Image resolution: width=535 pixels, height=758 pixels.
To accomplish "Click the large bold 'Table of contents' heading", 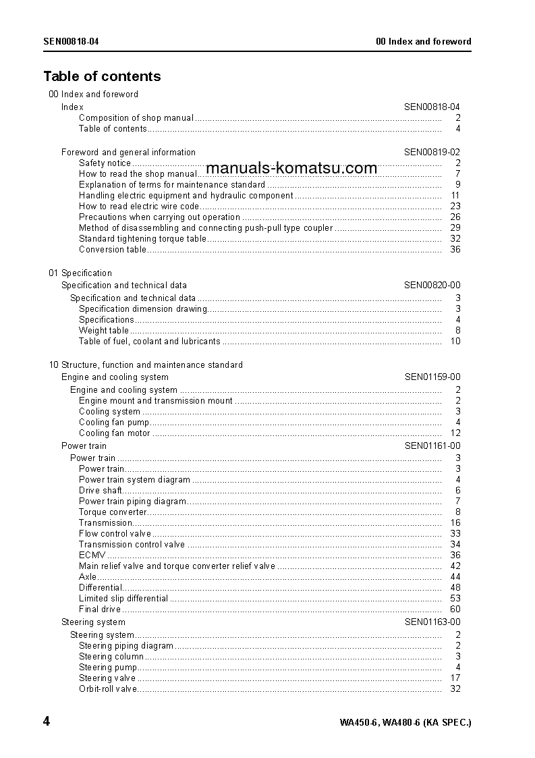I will point(102,76).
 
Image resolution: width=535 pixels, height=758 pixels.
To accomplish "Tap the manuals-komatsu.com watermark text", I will point(291,168).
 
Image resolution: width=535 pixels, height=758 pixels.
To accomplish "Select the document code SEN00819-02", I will point(432,153).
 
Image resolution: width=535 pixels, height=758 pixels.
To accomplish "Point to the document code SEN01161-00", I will point(432,446).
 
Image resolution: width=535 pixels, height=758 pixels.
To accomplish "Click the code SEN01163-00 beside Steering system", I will point(432,622).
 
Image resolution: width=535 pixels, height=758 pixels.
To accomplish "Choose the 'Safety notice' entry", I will point(105,163).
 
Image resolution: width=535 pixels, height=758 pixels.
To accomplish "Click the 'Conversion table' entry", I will point(112,250).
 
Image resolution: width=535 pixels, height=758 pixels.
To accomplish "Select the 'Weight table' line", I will point(103,331).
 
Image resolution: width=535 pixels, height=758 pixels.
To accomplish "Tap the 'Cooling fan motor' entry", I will point(114,433).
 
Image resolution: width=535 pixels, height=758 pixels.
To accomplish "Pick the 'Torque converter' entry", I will point(112,512).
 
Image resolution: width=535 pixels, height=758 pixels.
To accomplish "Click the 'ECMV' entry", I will point(92,556).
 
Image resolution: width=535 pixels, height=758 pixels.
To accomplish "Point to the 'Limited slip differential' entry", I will point(123,599).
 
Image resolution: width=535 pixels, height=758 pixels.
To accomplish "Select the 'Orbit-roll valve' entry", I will point(107,689).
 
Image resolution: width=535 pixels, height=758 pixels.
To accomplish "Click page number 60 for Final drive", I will point(455,610).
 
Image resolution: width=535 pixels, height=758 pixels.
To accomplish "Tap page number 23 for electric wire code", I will point(455,207).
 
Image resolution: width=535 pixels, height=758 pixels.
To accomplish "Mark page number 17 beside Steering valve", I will point(455,678).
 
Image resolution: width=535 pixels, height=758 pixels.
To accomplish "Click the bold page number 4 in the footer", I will point(47,722).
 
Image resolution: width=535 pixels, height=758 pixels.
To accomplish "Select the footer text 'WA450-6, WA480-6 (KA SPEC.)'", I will point(405,723).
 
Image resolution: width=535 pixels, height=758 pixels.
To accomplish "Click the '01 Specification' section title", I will point(80,273).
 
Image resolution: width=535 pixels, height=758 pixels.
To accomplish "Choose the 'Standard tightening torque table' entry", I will point(142,239).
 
